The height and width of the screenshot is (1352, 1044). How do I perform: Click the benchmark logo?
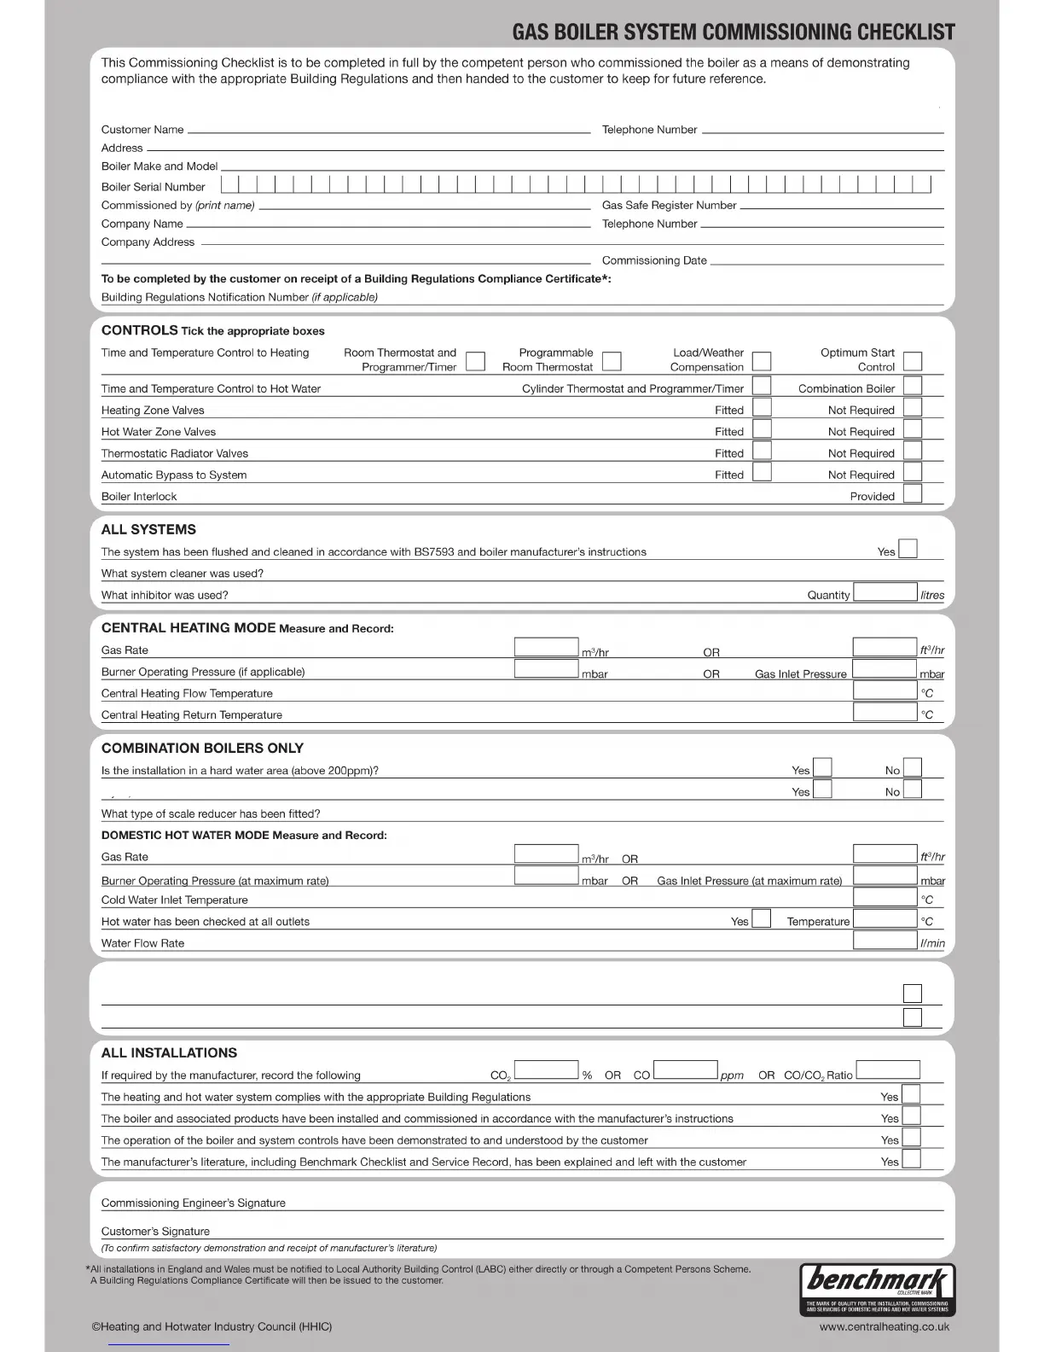point(878,1288)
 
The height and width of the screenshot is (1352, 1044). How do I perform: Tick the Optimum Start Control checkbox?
point(913,361)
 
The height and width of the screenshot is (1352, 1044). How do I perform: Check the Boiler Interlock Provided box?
point(913,493)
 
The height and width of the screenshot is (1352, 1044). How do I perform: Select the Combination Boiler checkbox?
point(913,386)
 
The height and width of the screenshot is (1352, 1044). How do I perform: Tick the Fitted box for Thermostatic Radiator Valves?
point(762,451)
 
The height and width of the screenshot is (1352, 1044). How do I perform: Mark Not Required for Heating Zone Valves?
point(913,408)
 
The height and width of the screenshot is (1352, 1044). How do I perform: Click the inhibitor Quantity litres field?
point(884,592)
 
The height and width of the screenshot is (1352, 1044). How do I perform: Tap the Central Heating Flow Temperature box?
point(884,690)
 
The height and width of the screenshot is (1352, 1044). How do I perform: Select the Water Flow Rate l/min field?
point(884,940)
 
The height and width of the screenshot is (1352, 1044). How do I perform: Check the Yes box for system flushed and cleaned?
point(908,549)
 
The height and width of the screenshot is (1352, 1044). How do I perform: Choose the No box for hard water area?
point(913,767)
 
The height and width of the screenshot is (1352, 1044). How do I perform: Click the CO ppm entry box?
point(685,1070)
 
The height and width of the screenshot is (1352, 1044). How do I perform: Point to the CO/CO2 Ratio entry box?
point(888,1070)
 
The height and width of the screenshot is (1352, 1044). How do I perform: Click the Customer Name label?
point(142,130)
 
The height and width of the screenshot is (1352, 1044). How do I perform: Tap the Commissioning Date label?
point(654,260)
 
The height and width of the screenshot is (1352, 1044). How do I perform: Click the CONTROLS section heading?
point(139,330)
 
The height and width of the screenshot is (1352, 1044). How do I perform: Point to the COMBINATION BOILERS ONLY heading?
point(202,748)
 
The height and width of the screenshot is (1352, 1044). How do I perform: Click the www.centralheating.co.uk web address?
point(884,1326)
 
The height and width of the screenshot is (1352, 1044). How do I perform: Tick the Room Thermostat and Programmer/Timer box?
point(476,361)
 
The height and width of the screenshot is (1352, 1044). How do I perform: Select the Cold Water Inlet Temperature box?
point(884,897)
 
